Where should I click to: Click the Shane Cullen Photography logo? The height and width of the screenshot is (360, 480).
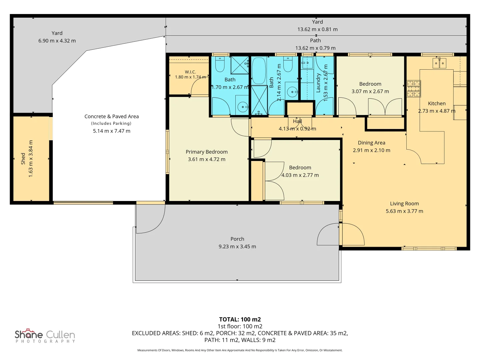pyautogui.click(x=45, y=336)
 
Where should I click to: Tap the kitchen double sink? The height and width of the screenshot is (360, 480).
pyautogui.click(x=439, y=63)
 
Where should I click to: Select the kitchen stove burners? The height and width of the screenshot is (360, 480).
pyautogui.click(x=414, y=89)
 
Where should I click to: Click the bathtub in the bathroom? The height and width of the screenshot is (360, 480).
pyautogui.click(x=259, y=70)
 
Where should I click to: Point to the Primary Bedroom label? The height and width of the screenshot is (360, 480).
pyautogui.click(x=207, y=152)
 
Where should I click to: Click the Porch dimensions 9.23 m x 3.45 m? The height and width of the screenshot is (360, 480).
pyautogui.click(x=237, y=247)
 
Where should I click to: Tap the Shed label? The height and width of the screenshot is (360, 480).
pyautogui.click(x=23, y=159)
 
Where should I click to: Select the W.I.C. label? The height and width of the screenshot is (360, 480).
pyautogui.click(x=190, y=72)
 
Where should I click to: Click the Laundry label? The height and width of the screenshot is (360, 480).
pyautogui.click(x=318, y=83)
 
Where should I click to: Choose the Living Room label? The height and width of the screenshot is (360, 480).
pyautogui.click(x=404, y=203)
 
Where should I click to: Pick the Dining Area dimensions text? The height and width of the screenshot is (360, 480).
pyautogui.click(x=372, y=150)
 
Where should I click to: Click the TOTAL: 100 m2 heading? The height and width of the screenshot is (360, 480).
pyautogui.click(x=240, y=319)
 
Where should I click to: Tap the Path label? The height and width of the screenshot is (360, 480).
pyautogui.click(x=315, y=40)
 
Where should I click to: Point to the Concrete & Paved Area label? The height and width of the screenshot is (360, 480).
pyautogui.click(x=112, y=116)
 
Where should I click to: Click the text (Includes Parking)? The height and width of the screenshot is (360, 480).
pyautogui.click(x=111, y=123)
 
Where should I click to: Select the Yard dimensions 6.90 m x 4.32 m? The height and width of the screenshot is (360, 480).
pyautogui.click(x=57, y=41)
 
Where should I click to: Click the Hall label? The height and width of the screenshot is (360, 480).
pyautogui.click(x=297, y=121)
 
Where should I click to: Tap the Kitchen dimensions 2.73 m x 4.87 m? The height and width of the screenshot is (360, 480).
pyautogui.click(x=437, y=111)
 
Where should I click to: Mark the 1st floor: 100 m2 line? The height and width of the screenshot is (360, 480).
pyautogui.click(x=240, y=326)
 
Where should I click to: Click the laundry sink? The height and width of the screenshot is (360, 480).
pyautogui.click(x=307, y=63)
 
